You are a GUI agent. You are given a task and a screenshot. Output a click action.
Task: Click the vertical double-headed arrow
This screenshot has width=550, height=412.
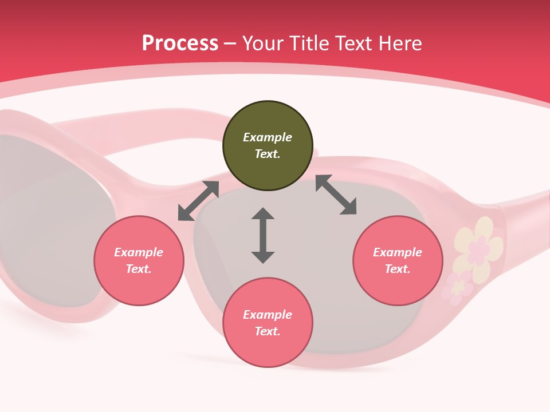coord(263,235)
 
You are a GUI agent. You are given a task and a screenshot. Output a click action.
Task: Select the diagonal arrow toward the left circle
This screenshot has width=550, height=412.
coord(198,201)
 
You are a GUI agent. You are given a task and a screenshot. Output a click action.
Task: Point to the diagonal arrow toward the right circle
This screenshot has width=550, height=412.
coord(336,195)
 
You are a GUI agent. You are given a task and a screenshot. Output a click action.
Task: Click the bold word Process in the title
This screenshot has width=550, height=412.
coord(180,43)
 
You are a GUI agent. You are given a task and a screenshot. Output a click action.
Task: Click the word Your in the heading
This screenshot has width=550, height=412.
coord(262,43)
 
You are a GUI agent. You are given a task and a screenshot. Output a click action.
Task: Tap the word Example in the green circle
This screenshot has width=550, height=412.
coord(268,137)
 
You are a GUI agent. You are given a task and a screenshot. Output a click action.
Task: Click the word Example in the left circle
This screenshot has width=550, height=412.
coord(139,252)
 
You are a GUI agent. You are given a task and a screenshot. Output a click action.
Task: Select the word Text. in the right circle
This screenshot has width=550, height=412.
coord(398,269)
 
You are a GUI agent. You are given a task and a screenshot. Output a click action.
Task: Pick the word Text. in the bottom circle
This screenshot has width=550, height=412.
coord(268,331)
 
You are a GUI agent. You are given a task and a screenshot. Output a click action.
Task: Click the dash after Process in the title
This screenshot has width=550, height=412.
coord(230,44)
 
